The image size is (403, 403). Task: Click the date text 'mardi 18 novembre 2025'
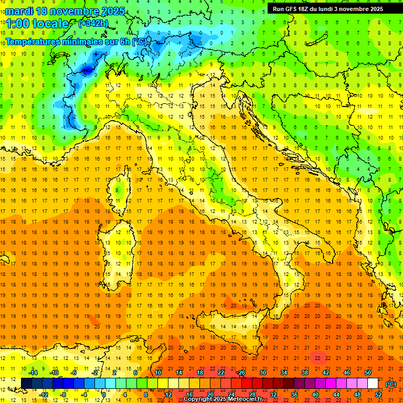[65, 11]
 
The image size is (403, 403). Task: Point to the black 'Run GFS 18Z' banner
[327, 8]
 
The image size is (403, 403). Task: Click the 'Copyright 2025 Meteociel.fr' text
[222, 399]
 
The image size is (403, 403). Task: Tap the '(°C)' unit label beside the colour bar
[391, 384]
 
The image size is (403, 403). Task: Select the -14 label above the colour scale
[33, 373]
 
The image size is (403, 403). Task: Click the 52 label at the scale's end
[378, 394]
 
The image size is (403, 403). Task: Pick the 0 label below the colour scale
[104, 394]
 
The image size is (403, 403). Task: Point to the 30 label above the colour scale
[263, 373]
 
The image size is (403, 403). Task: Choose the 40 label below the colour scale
[315, 394]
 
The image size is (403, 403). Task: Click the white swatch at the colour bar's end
[373, 384]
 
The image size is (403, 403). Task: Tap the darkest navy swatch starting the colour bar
[26, 384]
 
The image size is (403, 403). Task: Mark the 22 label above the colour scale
[221, 373]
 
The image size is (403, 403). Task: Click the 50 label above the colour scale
[368, 373]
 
